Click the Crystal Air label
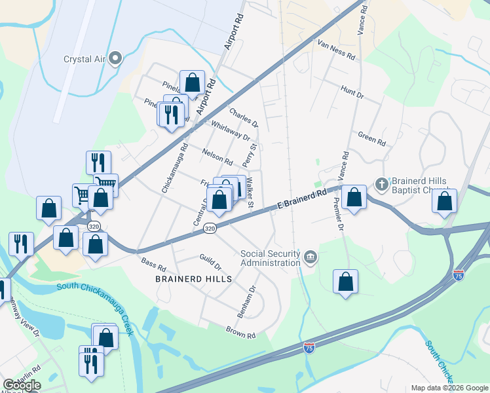pyautogui.click(x=85, y=58)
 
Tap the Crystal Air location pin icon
pyautogui.click(x=116, y=58)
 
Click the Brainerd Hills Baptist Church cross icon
pyautogui.click(x=381, y=183)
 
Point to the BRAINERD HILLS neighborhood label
pyautogui.click(x=193, y=279)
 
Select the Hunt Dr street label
pyautogui.click(x=352, y=92)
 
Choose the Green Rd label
pyautogui.click(x=371, y=138)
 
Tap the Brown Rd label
pyautogui.click(x=240, y=332)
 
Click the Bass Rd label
pyautogui.click(x=153, y=264)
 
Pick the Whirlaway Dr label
pyautogui.click(x=231, y=130)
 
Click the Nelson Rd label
pyautogui.click(x=217, y=157)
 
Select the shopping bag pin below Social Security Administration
pyautogui.click(x=346, y=282)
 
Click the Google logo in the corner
pyautogui.click(x=22, y=385)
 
